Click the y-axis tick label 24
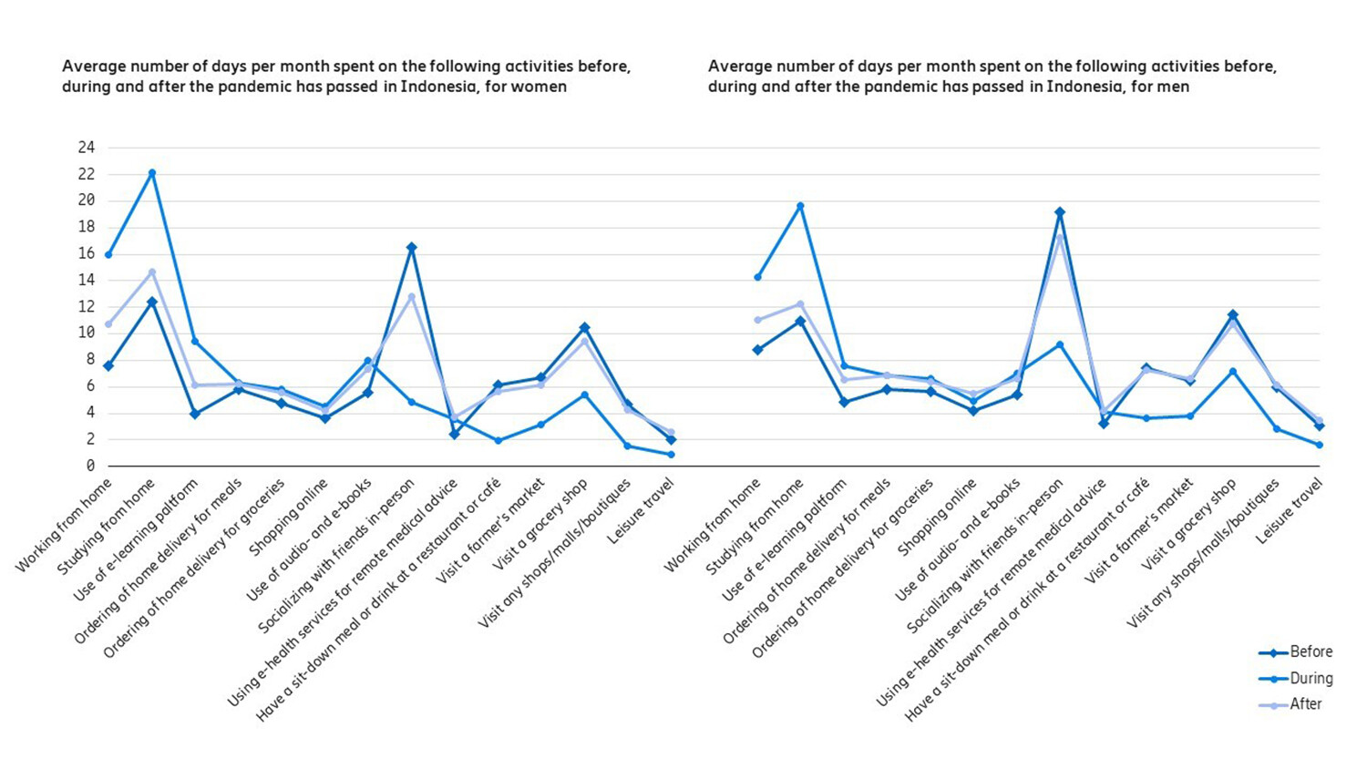point(87,148)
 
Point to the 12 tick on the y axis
point(87,307)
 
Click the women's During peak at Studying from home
point(152,172)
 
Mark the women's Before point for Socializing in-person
point(411,247)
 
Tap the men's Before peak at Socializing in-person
point(1060,212)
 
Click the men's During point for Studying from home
point(801,206)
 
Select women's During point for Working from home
point(108,254)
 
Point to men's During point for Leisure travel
point(1319,445)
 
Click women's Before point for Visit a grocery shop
point(584,327)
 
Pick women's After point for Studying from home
point(152,272)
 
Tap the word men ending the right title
point(1174,87)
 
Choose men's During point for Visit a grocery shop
point(1232,371)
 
